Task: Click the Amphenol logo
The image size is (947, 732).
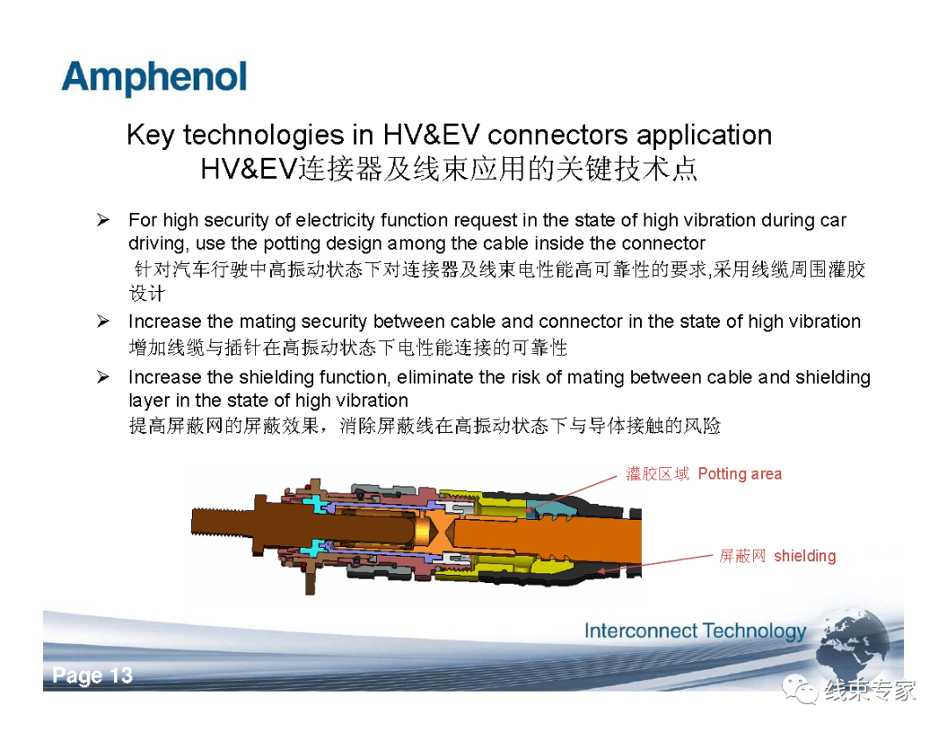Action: click(x=154, y=77)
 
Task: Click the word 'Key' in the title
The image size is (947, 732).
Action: click(x=151, y=135)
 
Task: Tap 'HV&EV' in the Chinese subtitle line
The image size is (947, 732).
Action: click(x=249, y=168)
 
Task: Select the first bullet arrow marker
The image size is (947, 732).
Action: click(x=103, y=220)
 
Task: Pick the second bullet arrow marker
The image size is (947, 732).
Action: click(x=103, y=322)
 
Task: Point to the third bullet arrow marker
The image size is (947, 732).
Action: click(x=103, y=377)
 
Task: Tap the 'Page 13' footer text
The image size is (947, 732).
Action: click(x=92, y=675)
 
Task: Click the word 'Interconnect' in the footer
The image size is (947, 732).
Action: click(x=641, y=631)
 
